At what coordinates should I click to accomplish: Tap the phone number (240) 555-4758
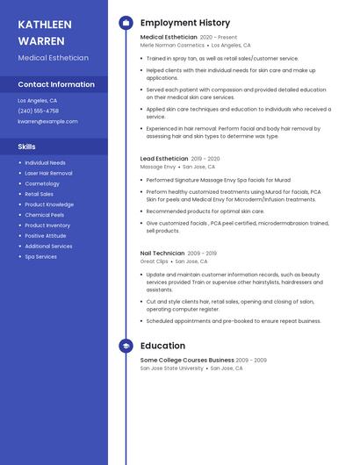point(38,111)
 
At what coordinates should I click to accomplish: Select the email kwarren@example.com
point(47,122)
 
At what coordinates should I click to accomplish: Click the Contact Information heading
point(56,84)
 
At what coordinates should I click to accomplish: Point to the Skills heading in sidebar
point(26,147)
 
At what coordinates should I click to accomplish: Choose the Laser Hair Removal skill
point(48,173)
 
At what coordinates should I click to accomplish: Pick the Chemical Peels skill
point(44,215)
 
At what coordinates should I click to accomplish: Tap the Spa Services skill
point(40,257)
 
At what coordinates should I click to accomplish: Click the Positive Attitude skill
point(45,236)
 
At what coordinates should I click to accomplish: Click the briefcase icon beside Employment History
point(126,23)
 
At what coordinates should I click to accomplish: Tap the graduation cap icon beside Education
point(126,346)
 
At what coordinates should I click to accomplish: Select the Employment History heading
point(184,23)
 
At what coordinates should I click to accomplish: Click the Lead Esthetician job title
point(163,159)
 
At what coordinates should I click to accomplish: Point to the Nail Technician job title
point(162,254)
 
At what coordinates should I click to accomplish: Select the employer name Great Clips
point(154,261)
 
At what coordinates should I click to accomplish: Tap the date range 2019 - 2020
point(205,159)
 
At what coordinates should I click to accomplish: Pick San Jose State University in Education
point(172,368)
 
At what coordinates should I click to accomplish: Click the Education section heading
point(162,346)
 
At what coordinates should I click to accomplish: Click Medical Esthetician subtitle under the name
point(53,58)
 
